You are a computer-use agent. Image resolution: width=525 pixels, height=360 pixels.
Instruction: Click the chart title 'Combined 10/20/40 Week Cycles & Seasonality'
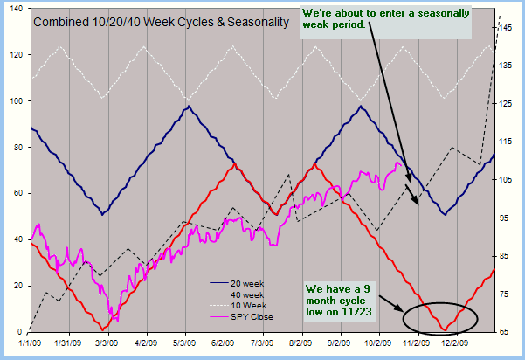click(x=161, y=20)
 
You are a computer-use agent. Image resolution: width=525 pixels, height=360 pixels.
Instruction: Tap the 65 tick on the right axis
click(x=506, y=332)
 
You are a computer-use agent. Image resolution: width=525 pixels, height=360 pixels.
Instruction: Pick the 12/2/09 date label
click(x=457, y=344)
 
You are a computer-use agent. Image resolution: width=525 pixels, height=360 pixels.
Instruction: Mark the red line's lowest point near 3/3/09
click(x=105, y=329)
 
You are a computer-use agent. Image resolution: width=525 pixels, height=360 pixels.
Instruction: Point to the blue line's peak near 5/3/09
click(x=189, y=107)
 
